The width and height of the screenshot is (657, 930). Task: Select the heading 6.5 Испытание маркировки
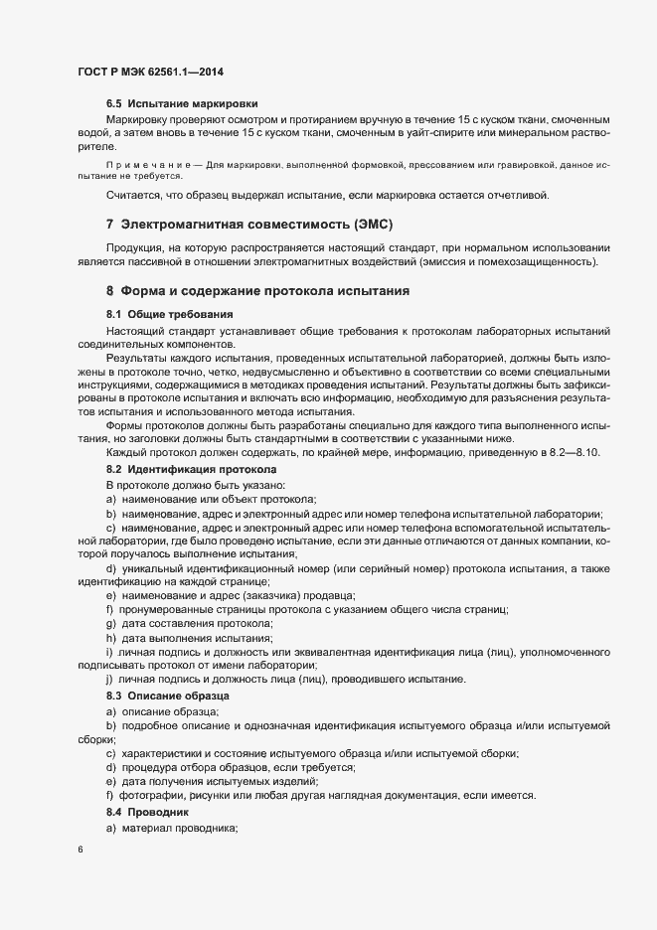coord(182,103)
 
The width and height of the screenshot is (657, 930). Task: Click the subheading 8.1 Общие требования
coord(163,314)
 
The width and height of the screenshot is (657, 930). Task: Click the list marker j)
coord(110,679)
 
